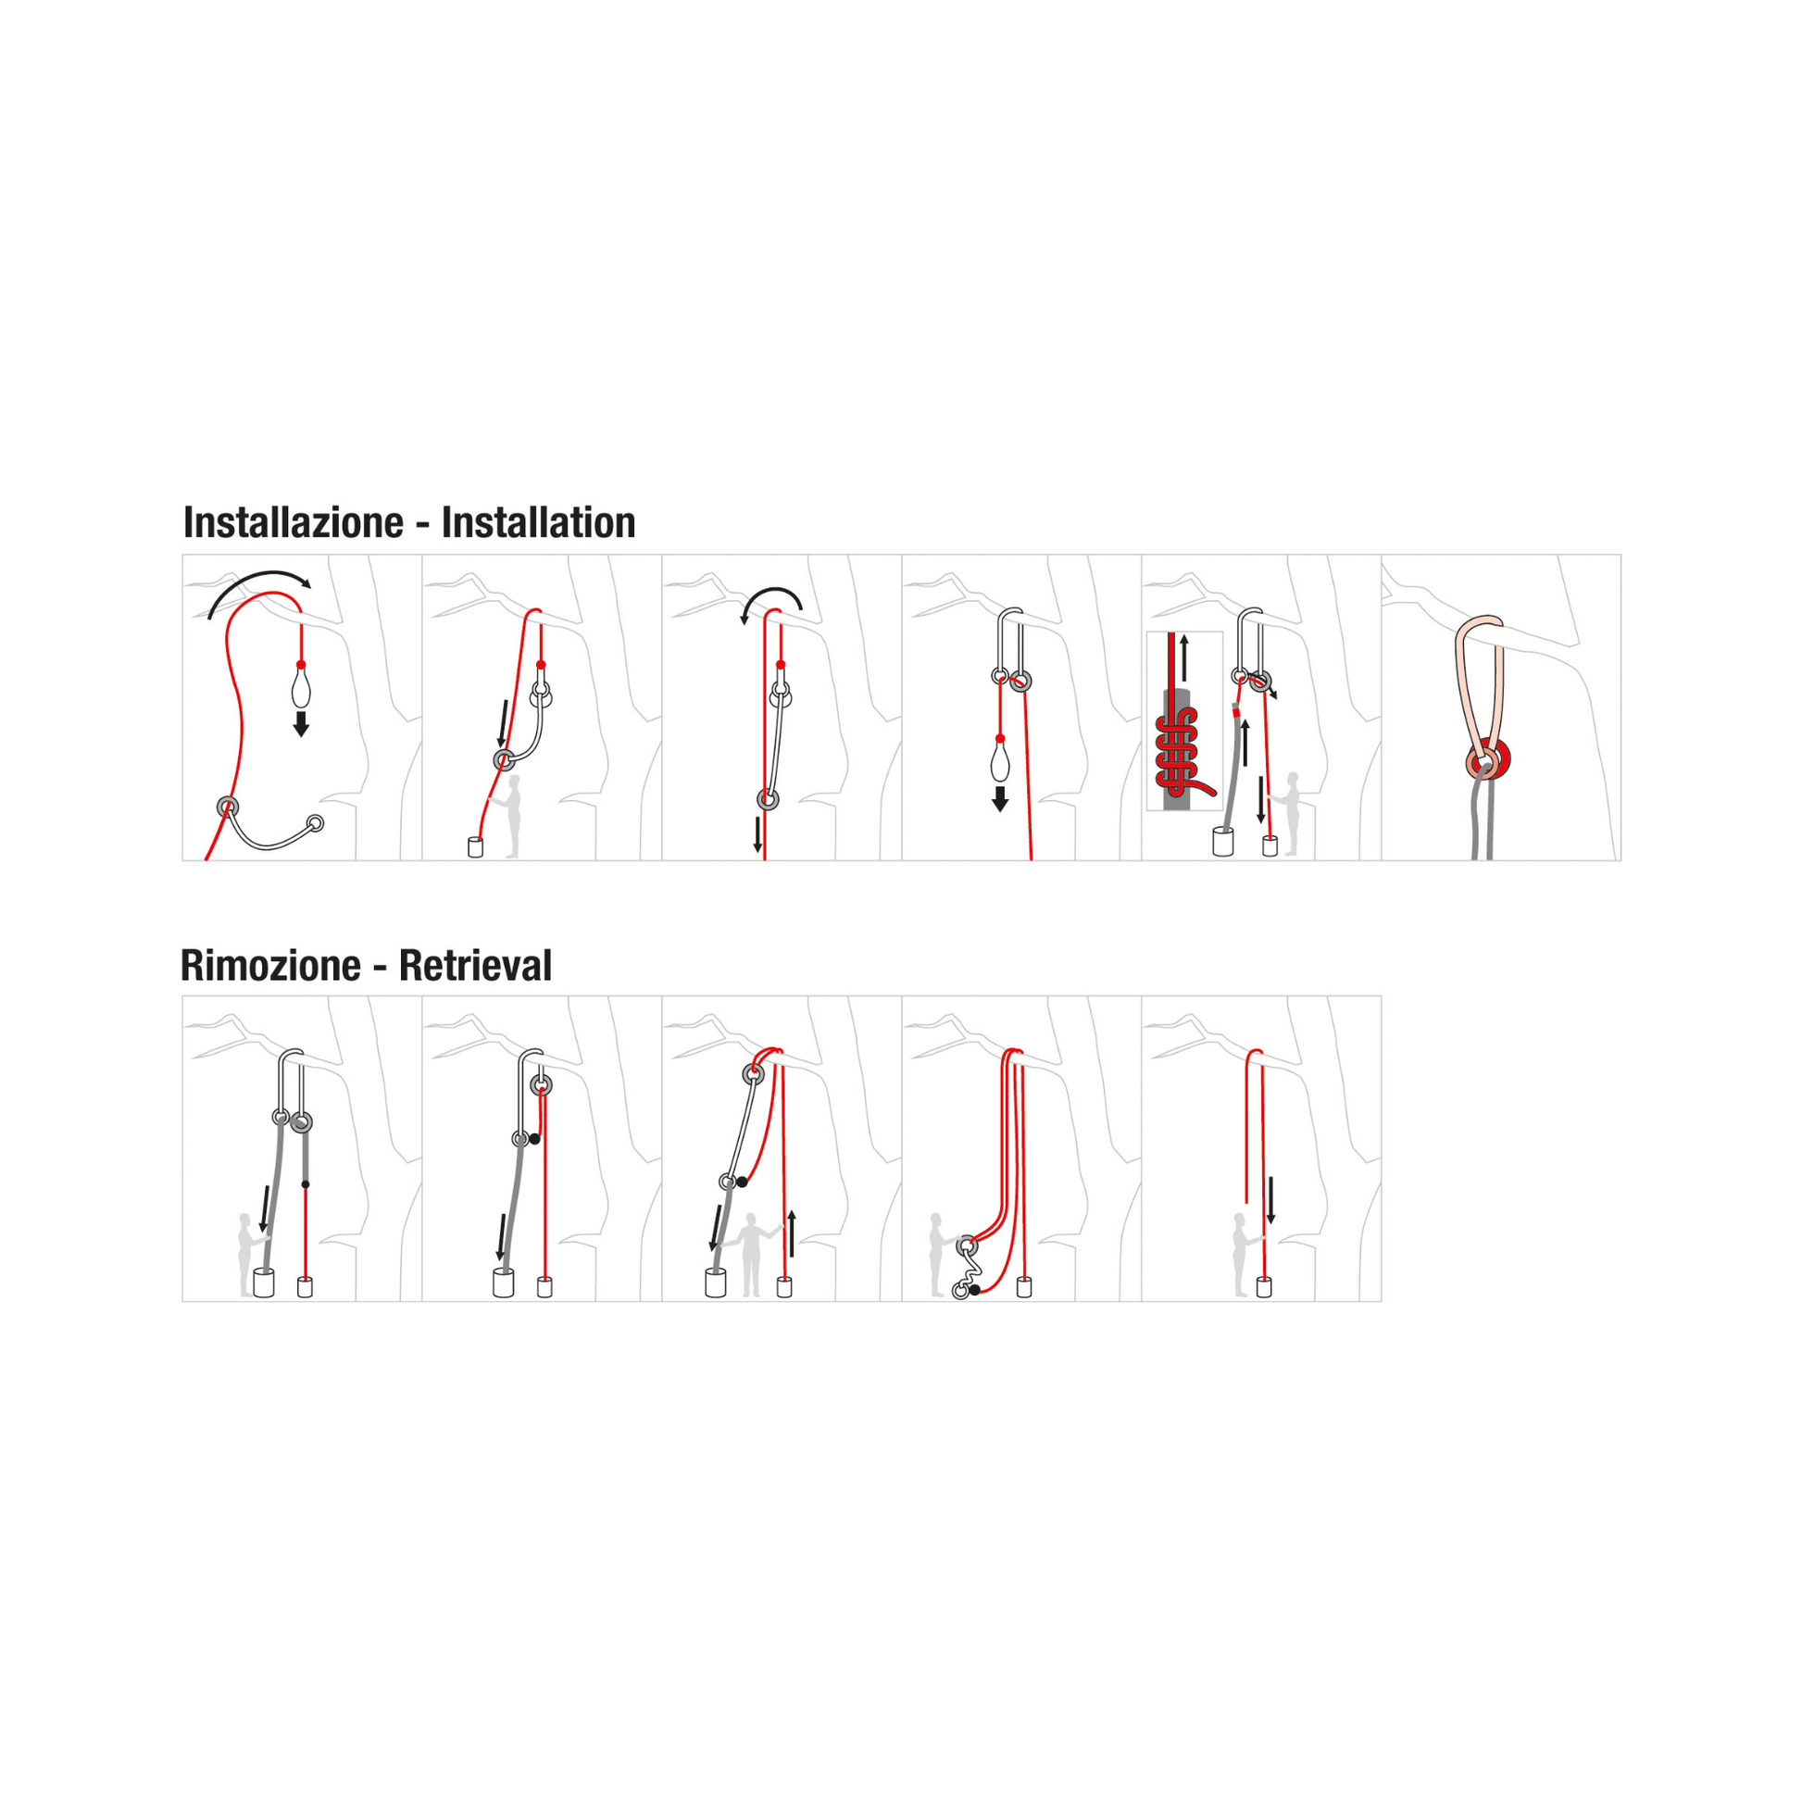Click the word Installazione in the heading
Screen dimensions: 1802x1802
click(293, 523)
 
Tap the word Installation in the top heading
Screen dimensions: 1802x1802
click(538, 523)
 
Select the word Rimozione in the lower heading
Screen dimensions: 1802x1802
click(270, 965)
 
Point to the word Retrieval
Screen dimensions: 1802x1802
click(476, 965)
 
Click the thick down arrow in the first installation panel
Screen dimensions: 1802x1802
click(301, 724)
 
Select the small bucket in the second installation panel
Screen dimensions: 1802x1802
click(476, 847)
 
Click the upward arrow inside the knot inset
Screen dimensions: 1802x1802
click(1184, 658)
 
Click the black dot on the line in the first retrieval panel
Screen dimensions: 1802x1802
click(305, 1184)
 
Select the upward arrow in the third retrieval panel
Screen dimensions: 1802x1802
click(792, 1233)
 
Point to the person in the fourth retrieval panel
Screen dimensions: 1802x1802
click(938, 1255)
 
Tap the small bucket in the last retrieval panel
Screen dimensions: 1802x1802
click(1264, 1287)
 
